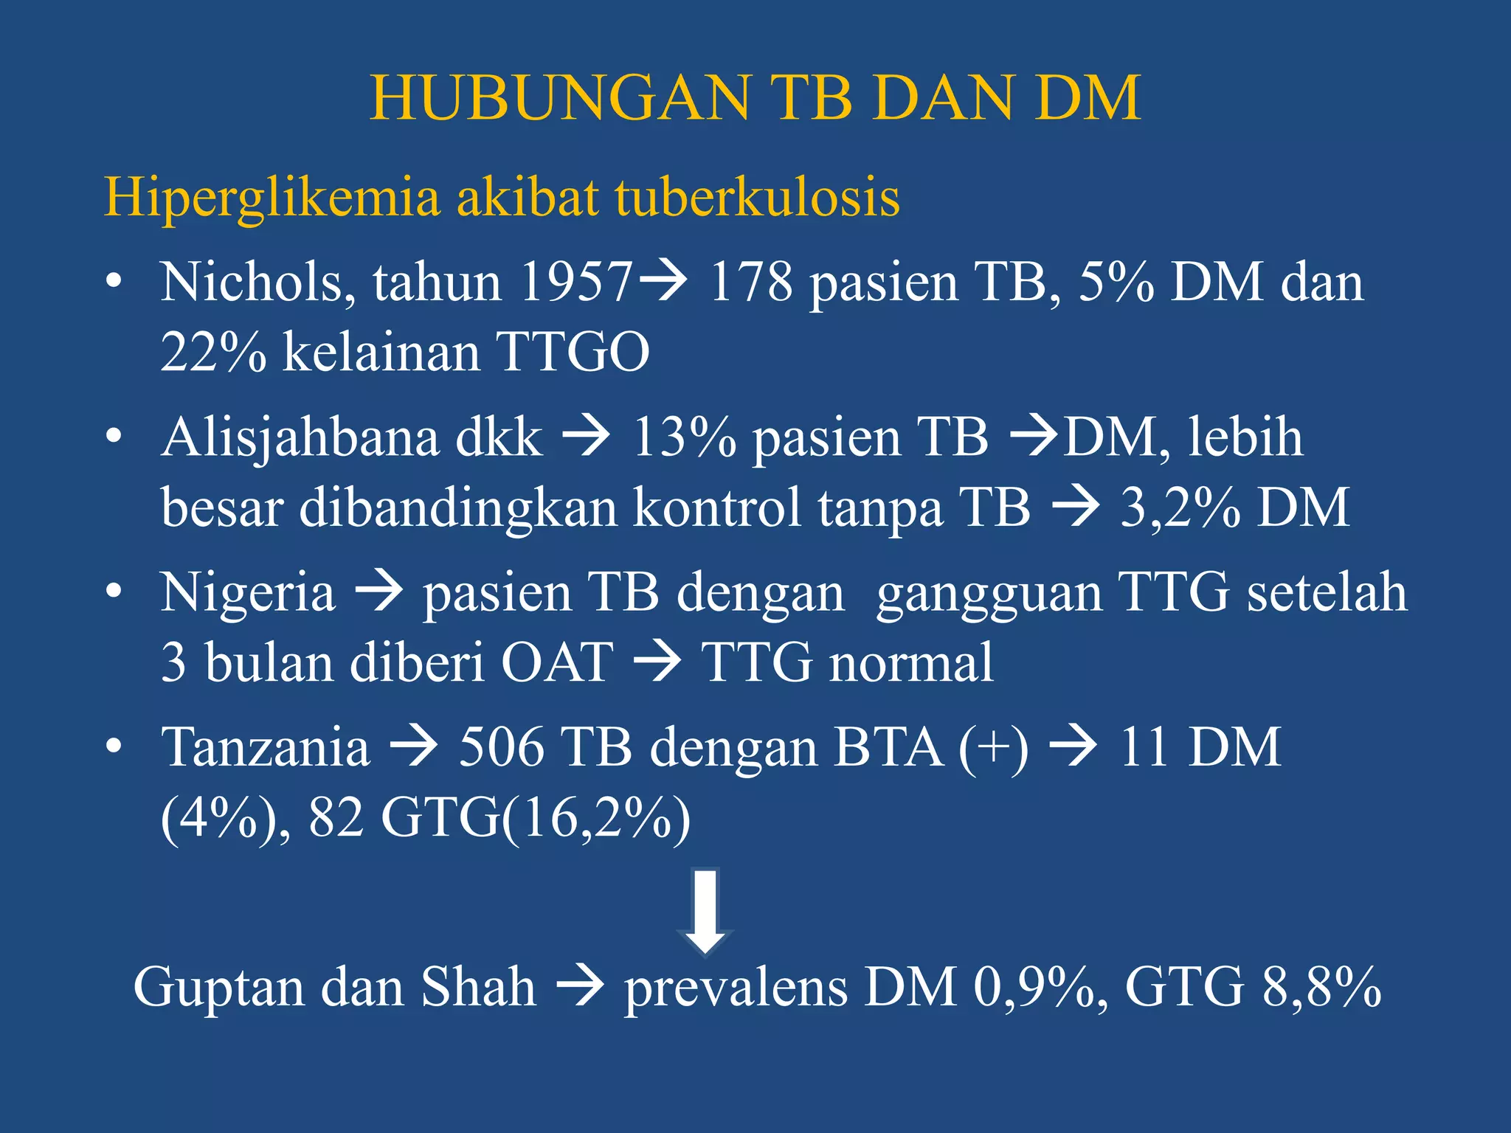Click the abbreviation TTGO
point(573,353)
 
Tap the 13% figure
point(684,437)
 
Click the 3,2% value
point(1180,507)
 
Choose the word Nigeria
point(248,592)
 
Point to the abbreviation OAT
point(557,662)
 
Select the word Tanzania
point(266,747)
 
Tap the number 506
point(501,747)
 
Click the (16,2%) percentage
point(596,818)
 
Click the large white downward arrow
point(705,911)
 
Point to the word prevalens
point(736,988)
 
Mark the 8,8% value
point(1321,988)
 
